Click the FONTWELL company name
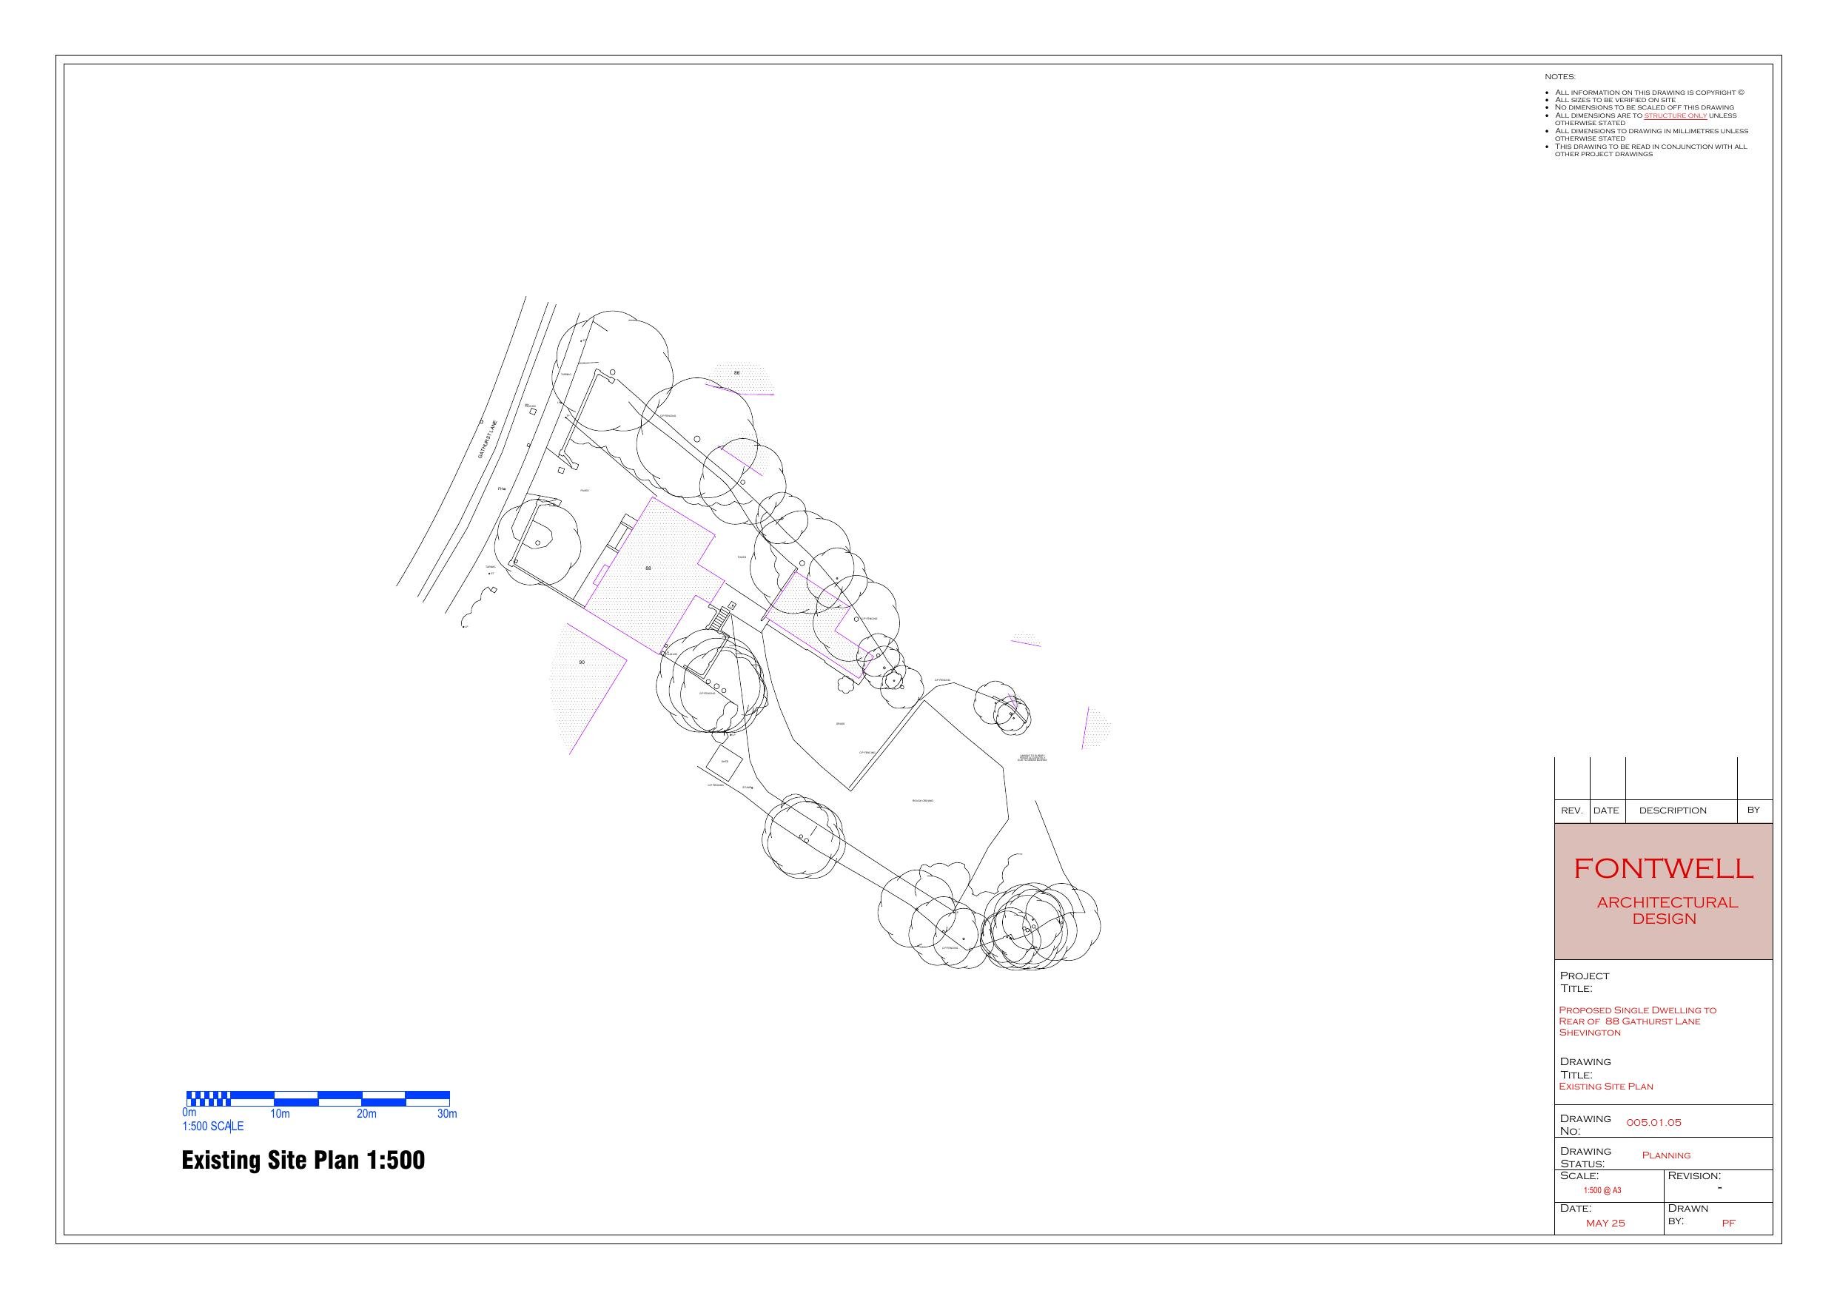point(1663,868)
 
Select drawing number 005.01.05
point(1653,1122)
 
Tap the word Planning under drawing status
point(1666,1155)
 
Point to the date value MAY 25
point(1605,1223)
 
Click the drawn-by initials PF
point(1728,1223)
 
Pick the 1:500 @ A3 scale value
point(1602,1190)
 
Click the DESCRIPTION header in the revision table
point(1672,810)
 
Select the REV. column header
point(1571,810)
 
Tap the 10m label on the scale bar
point(279,1114)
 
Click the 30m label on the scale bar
point(446,1114)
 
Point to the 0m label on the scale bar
point(189,1112)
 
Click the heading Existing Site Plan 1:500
point(303,1160)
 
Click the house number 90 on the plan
point(582,662)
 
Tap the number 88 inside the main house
point(648,568)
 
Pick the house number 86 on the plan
point(737,373)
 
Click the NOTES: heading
point(1559,77)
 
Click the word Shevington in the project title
point(1589,1033)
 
